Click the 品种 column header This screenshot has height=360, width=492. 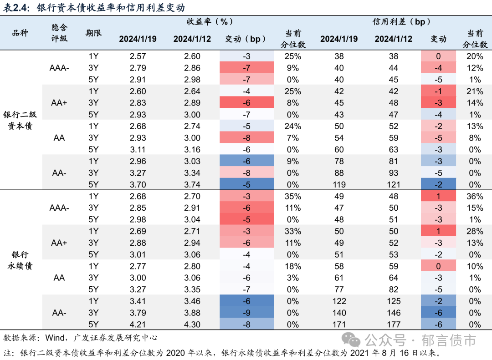click(x=20, y=33)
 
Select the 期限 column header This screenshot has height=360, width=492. click(x=94, y=33)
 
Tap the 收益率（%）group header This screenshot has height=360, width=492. click(x=210, y=21)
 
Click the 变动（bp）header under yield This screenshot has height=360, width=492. click(x=246, y=39)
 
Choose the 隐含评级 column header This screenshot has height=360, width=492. click(x=59, y=33)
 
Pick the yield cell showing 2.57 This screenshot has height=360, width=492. click(x=138, y=56)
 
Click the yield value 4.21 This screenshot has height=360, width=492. click(x=138, y=325)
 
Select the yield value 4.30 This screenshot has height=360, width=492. click(x=192, y=325)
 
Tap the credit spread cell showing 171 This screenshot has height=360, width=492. click(x=339, y=325)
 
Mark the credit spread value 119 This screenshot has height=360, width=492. click(x=339, y=185)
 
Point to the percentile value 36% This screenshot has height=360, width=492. click(x=475, y=196)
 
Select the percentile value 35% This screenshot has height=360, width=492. click(x=292, y=196)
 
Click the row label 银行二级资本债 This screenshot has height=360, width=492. click(x=20, y=120)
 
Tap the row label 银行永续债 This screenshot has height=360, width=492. click(x=20, y=260)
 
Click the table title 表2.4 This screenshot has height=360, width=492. click(x=15, y=7)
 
